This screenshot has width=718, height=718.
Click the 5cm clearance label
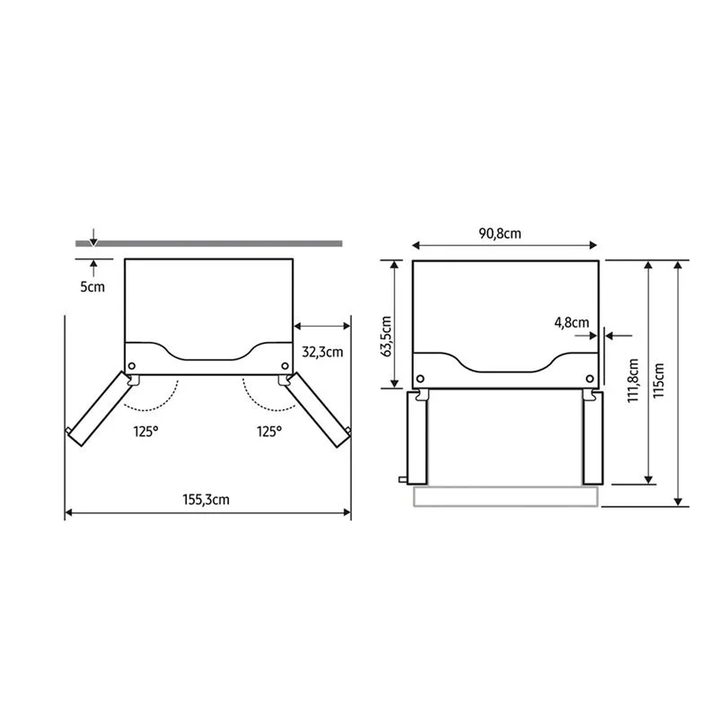93,286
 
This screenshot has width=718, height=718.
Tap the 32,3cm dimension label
322,352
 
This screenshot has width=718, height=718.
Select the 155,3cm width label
206,499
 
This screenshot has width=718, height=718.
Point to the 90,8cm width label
500,233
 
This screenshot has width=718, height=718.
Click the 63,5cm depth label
386,336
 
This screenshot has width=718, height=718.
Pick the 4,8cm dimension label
572,323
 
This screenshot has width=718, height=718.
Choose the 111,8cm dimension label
633,381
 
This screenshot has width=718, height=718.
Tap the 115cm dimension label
658,381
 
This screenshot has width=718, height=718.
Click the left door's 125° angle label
146,432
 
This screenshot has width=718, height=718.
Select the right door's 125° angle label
269,432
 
